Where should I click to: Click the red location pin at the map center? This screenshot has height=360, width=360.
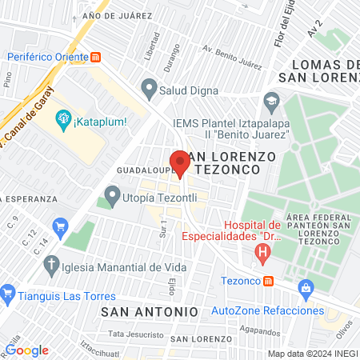180,162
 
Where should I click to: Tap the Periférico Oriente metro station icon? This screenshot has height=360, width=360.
96,57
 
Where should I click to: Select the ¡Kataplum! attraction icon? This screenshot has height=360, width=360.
62,121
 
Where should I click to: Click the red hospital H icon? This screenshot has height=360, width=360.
262,255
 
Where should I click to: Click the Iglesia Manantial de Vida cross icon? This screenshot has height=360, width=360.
52,265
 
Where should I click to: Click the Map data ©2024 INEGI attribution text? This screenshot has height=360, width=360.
312,354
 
